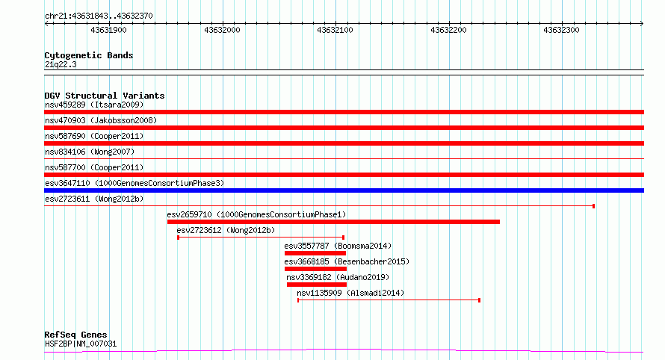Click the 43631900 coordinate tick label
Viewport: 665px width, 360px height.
pyautogui.click(x=108, y=30)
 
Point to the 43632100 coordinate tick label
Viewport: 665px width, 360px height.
pyautogui.click(x=335, y=30)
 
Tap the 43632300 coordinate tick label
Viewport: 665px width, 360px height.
pyautogui.click(x=562, y=30)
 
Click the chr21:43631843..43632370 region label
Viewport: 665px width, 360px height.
pyautogui.click(x=99, y=16)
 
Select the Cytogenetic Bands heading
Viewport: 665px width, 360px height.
pyautogui.click(x=89, y=55)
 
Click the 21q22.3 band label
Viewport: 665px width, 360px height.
pyautogui.click(x=61, y=64)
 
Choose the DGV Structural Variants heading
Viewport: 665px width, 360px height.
pyautogui.click(x=105, y=96)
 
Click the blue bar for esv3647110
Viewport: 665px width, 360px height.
pyautogui.click(x=344, y=190)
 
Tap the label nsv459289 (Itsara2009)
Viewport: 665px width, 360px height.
pyautogui.click(x=94, y=105)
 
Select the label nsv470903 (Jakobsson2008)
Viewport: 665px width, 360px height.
pyautogui.click(x=101, y=120)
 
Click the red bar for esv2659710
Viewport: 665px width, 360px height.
pyautogui.click(x=333, y=222)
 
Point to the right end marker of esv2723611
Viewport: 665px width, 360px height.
pyautogui.click(x=594, y=206)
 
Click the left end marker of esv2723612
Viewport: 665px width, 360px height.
pyautogui.click(x=178, y=238)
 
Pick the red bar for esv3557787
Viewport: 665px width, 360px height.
pyautogui.click(x=315, y=253)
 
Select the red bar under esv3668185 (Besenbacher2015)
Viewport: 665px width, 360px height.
pyautogui.click(x=315, y=269)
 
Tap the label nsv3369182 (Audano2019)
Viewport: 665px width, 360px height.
pyautogui.click(x=338, y=277)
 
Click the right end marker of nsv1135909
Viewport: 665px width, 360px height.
pyautogui.click(x=479, y=300)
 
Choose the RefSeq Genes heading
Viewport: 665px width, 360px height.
pyautogui.click(x=75, y=335)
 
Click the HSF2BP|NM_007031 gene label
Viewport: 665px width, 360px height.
pyautogui.click(x=81, y=344)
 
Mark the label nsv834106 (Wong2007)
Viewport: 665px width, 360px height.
pyautogui.click(x=90, y=152)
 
